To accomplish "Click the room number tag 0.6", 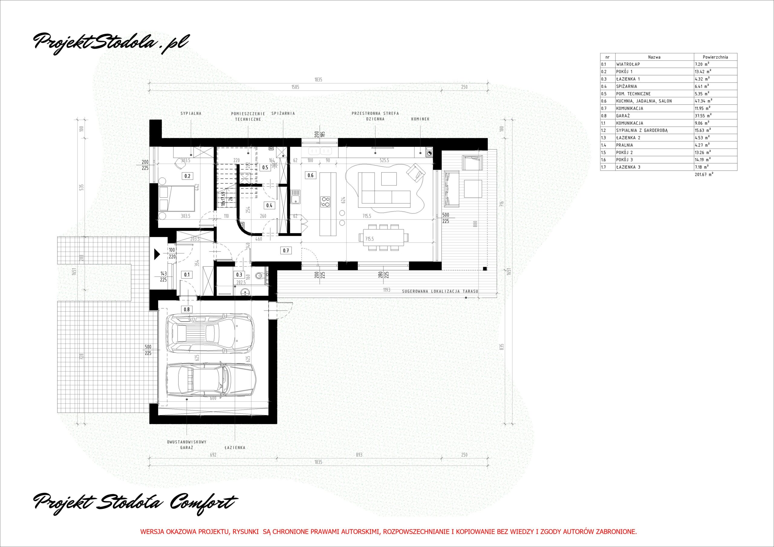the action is (310, 175).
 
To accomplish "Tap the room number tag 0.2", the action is (187, 176).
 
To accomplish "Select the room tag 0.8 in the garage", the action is (186, 309).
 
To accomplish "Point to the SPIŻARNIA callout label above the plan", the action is (283, 114).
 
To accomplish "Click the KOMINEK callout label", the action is (420, 119).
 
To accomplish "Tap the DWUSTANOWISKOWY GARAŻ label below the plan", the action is (187, 445).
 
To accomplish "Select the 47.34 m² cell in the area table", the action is (702, 101).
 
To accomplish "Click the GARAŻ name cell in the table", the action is (622, 116).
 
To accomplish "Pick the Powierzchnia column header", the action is (715, 57).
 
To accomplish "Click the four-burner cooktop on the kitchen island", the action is (325, 201).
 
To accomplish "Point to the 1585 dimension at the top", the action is (295, 87).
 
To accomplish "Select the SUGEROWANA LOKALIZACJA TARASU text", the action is (440, 291).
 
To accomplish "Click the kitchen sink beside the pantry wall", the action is (296, 196).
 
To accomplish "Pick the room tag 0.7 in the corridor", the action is (286, 251).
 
